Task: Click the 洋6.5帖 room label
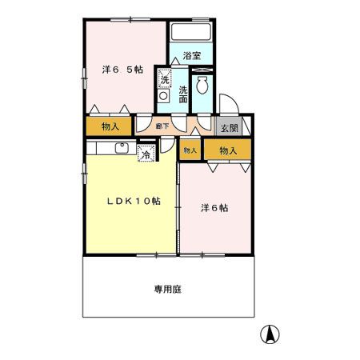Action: coord(122,70)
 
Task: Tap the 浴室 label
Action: coord(191,56)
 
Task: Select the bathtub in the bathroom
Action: coord(190,34)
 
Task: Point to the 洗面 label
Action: coord(183,94)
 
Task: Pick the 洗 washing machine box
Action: coord(165,78)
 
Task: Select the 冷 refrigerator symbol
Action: coord(146,154)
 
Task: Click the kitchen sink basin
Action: coord(122,147)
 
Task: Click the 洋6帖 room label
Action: coord(214,207)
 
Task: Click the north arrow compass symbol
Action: coord(271,334)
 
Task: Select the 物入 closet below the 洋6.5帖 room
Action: coord(110,127)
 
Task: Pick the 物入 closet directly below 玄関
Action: coord(228,150)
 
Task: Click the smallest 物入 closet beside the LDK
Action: coord(190,150)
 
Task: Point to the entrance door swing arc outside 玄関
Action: coord(226,103)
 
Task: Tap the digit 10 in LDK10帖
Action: coord(144,201)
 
